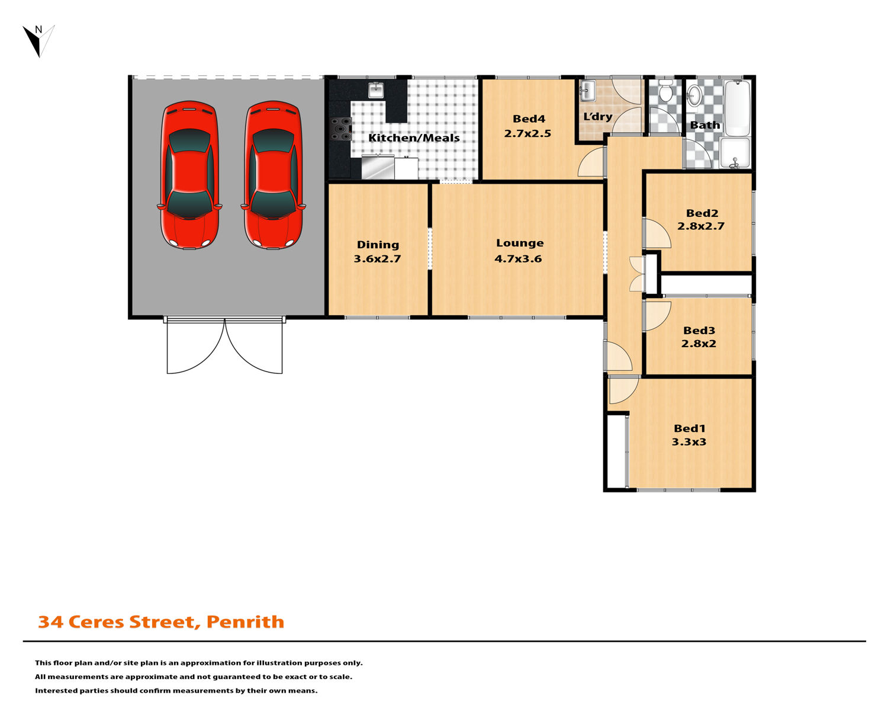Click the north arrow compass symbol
pos(38,41)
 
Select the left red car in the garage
pos(189,175)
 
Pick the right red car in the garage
pos(273,175)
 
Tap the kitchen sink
pos(375,90)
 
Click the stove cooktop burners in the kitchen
pos(341,129)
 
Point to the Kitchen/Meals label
pos(413,137)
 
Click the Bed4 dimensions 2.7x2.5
pos(527,133)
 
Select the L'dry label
pos(597,117)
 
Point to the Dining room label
pos(378,245)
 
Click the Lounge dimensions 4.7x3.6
pos(518,259)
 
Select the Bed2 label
pos(702,213)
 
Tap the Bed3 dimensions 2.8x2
pos(699,343)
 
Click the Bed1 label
pos(690,428)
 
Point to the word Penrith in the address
pos(245,622)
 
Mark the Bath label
pos(705,125)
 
